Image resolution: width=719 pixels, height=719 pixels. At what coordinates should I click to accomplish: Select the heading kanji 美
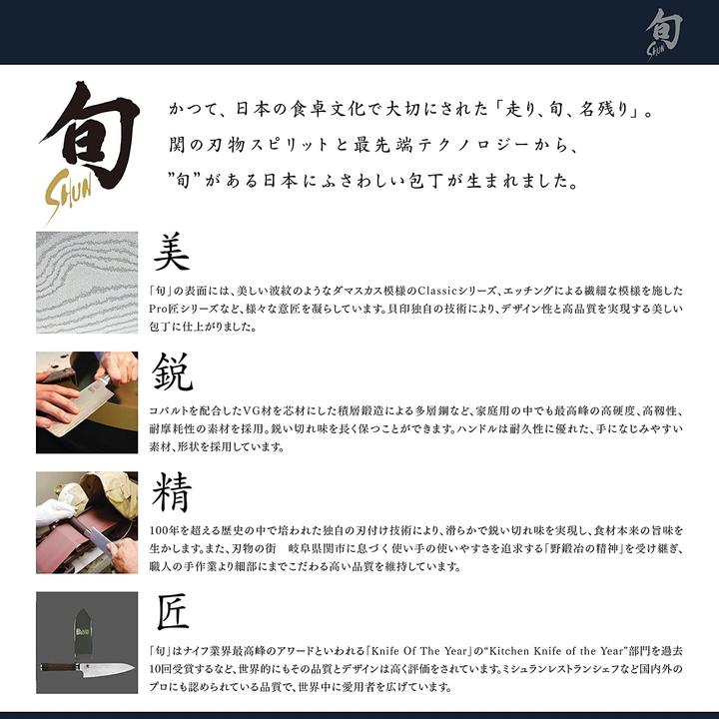click(x=172, y=253)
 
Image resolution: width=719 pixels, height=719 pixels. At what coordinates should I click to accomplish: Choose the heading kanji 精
click(x=172, y=492)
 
